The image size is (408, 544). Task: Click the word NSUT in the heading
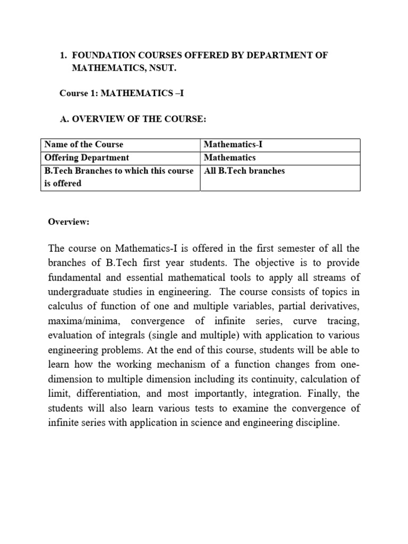pos(157,69)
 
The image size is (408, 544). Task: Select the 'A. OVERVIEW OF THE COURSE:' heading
pos(133,119)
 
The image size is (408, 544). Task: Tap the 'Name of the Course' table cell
pos(84,144)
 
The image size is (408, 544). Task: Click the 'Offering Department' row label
pos(87,158)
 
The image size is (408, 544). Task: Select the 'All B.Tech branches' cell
pos(244,171)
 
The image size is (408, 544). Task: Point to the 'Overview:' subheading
pos(69,222)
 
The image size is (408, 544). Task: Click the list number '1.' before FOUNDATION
pos(63,56)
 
